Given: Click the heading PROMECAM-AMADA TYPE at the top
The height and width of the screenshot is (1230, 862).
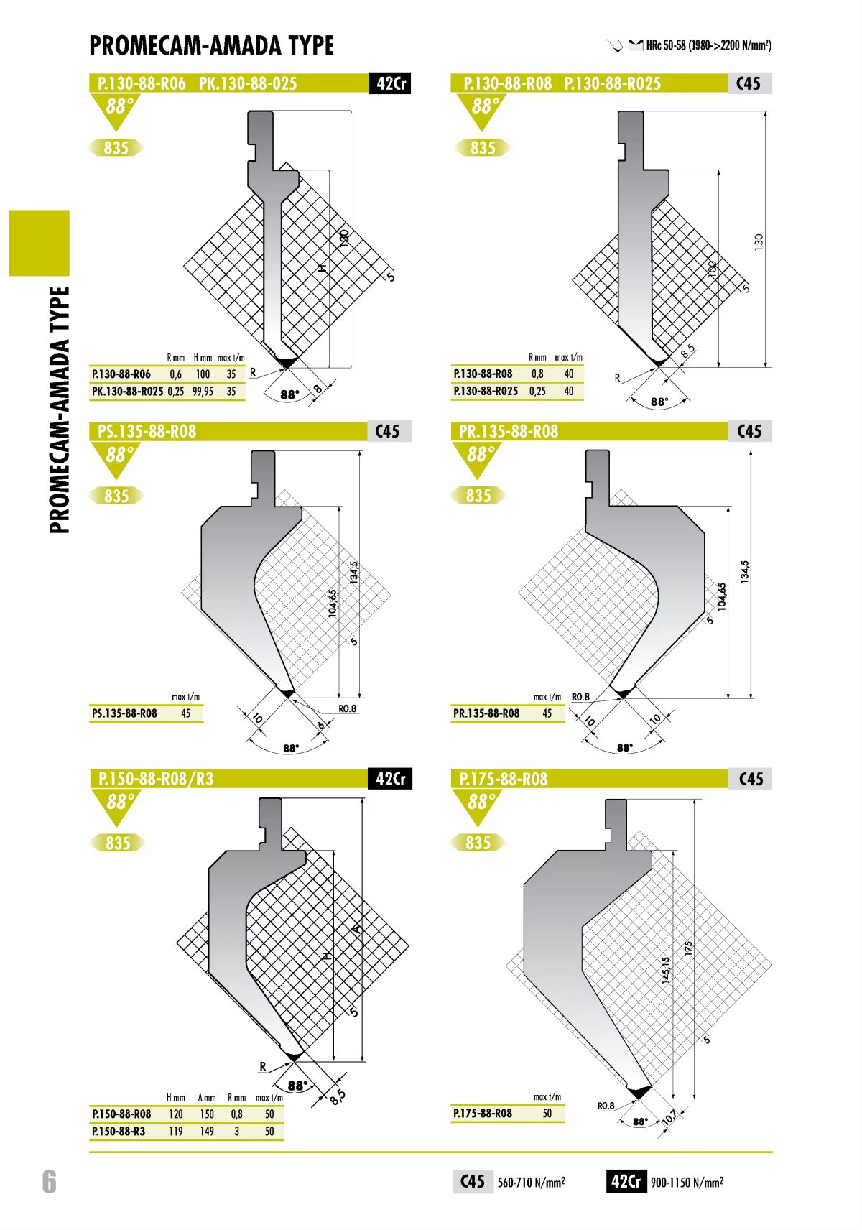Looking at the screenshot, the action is point(211,45).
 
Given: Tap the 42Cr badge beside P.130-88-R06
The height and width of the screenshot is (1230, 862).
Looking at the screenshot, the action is point(390,83).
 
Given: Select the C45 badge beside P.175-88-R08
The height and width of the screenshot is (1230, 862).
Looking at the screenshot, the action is point(751,779).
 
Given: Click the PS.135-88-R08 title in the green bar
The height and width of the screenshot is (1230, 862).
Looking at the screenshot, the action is point(147,432).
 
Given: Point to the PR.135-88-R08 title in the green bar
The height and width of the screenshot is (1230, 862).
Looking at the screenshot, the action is point(509,432).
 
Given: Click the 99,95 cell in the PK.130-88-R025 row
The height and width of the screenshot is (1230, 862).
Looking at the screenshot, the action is point(203,392).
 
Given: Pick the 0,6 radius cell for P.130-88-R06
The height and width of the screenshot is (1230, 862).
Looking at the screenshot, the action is point(176,374).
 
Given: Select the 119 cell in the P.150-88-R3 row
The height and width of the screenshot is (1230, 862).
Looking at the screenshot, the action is point(176,1131).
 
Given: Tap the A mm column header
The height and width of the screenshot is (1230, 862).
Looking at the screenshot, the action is point(206,1097).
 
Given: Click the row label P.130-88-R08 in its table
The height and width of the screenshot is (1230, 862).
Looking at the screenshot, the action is point(483,374).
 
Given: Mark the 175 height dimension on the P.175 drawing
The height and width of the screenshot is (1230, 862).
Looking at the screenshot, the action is point(688,949).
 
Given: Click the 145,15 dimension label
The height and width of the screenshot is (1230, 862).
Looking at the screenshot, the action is point(666,970).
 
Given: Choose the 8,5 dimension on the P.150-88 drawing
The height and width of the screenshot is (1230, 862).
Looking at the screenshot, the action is point(338,1096).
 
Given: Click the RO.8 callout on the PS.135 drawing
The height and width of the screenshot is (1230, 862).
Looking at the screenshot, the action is point(347,709).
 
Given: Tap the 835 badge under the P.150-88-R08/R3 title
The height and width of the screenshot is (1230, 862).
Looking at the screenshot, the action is point(118,843).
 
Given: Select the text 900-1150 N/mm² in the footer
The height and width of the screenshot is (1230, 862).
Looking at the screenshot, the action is point(687,1182).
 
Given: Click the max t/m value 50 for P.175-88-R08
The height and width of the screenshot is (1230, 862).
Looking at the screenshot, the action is point(547,1113).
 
